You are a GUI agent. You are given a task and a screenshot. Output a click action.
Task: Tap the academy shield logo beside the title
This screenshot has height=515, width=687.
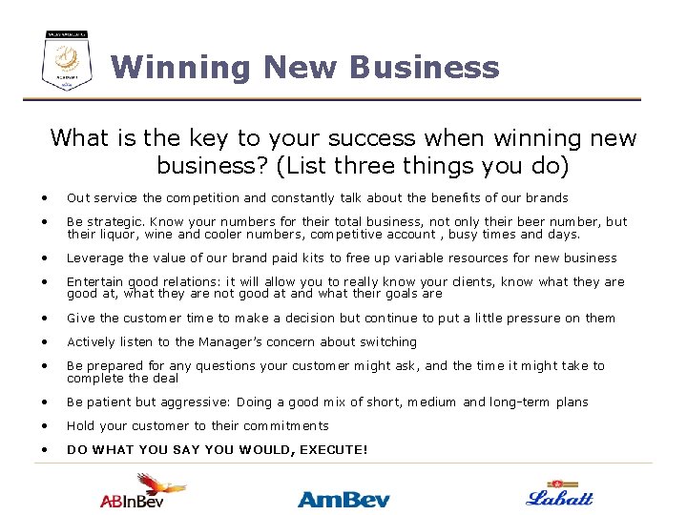67,59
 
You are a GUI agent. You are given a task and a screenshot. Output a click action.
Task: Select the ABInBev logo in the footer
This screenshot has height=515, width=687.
143,492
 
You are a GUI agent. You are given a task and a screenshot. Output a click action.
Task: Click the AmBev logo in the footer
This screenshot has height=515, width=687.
343,499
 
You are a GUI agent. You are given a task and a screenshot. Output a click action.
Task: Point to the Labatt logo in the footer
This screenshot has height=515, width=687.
560,494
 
